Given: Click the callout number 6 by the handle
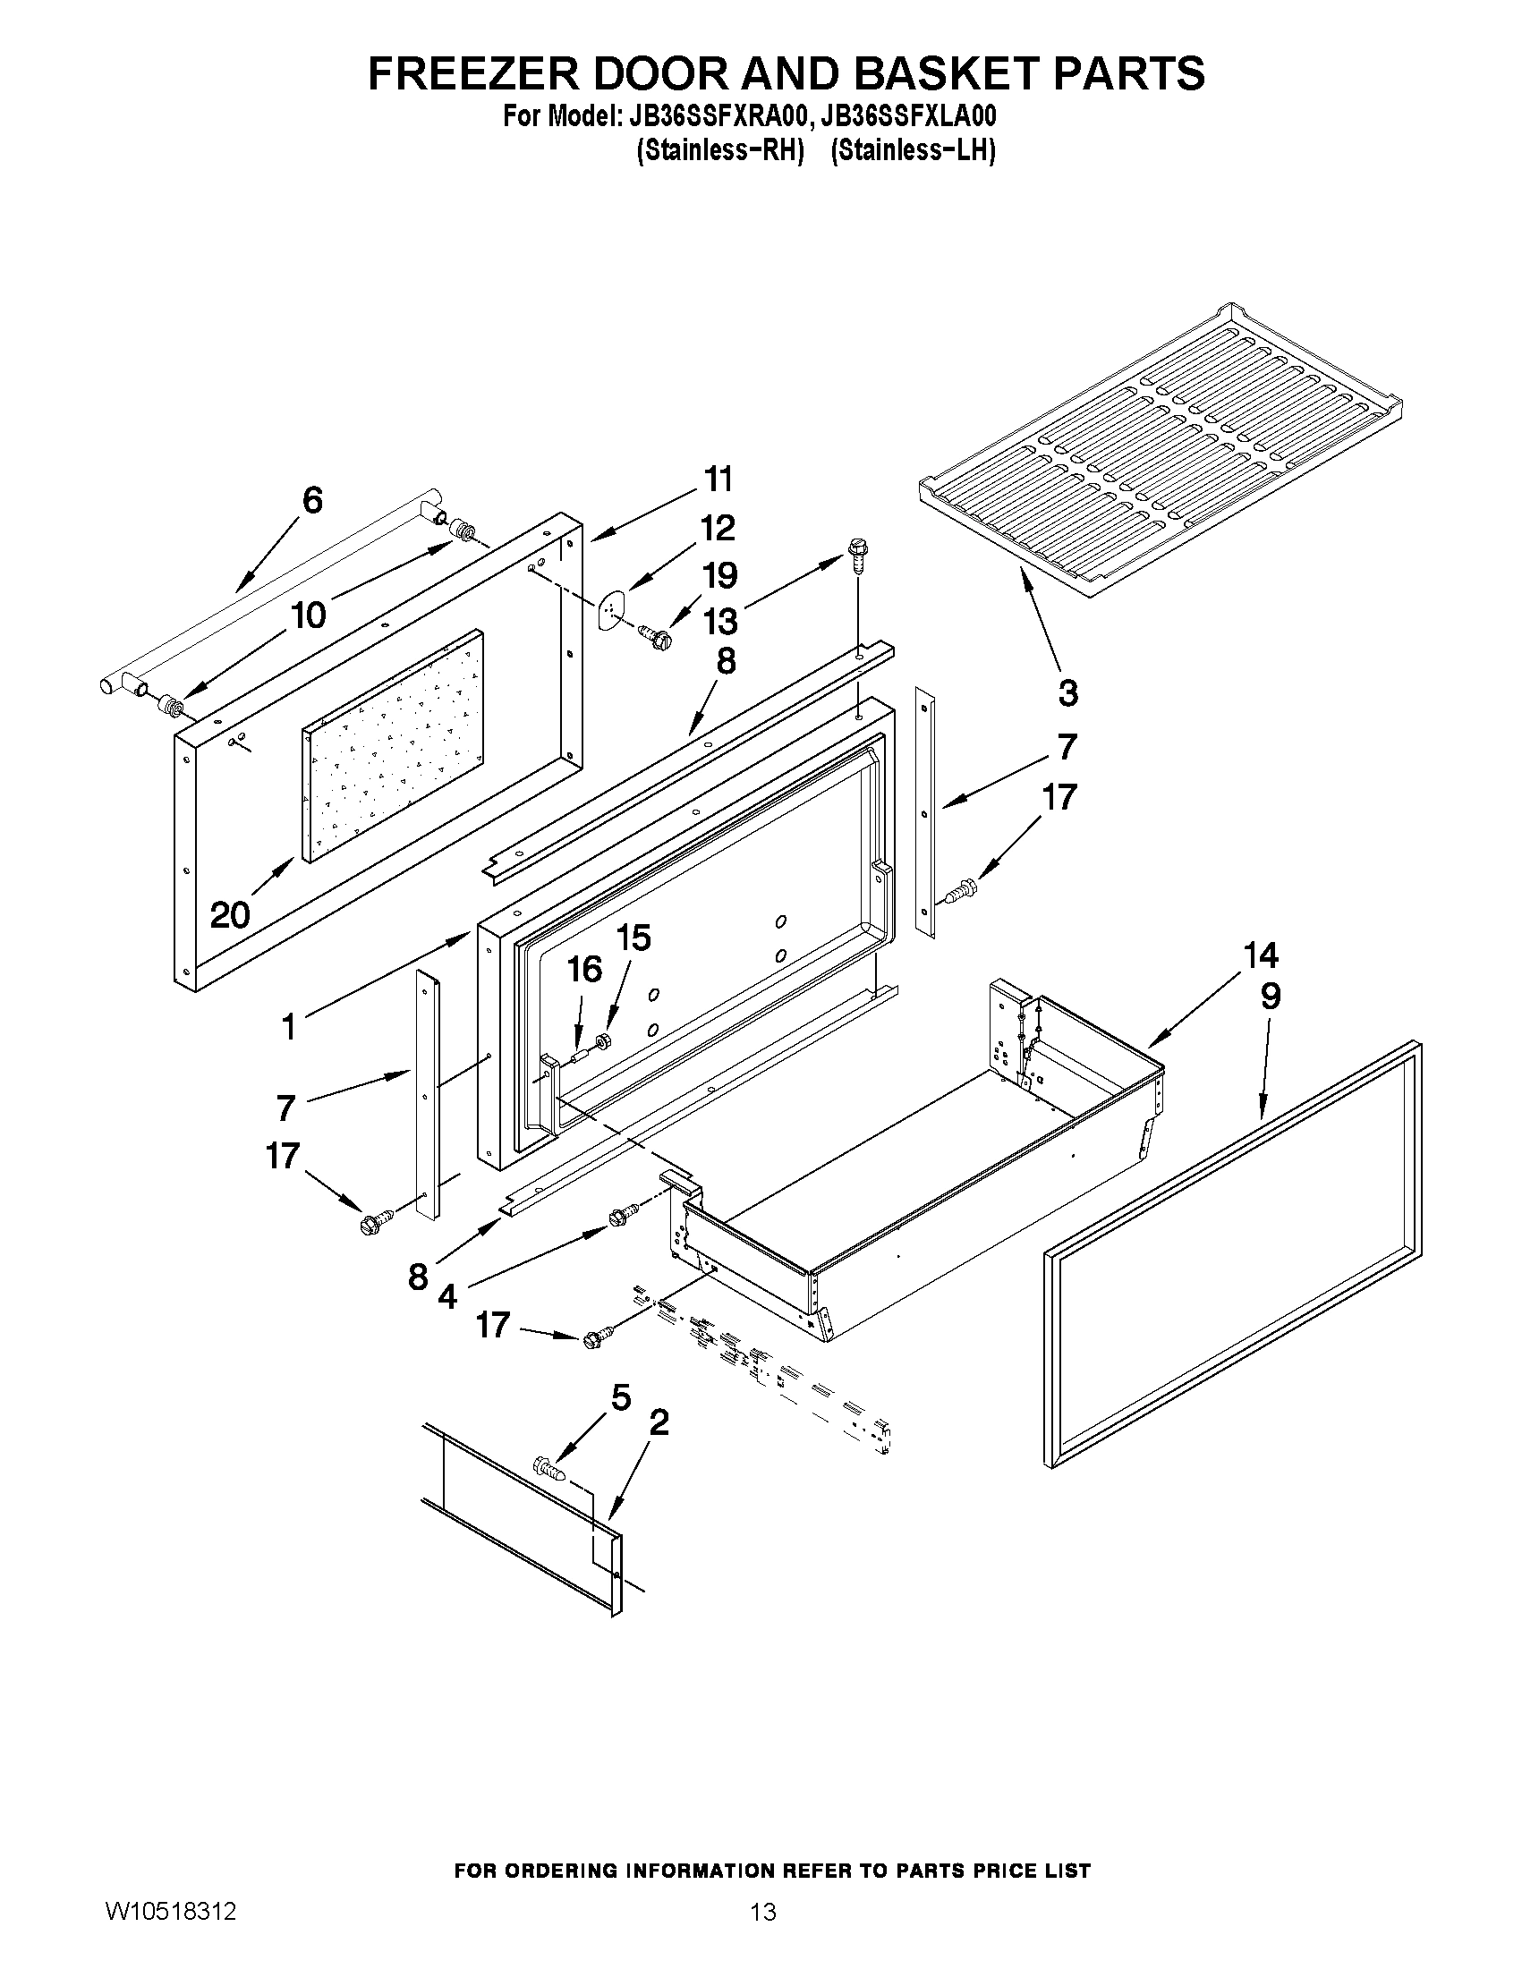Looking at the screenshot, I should pos(312,500).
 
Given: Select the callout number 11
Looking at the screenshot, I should pos(718,480).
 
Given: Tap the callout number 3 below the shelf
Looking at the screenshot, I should pos(1067,693).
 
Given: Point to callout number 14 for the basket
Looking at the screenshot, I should pos(1261,954).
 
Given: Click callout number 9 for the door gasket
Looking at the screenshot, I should pos(1270,997).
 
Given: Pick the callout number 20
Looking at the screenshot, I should pos(230,916).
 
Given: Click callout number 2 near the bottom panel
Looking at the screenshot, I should pos(659,1423).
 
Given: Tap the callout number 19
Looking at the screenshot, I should pos(719,575).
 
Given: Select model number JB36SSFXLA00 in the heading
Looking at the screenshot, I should pos(910,117).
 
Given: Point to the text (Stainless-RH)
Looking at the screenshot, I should pos(719,150).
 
